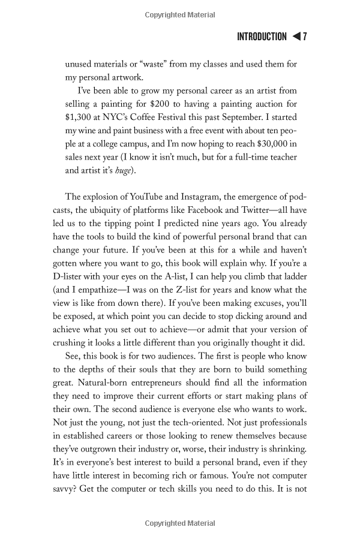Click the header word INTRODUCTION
pyautogui.click(x=262, y=37)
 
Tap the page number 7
pyautogui.click(x=305, y=37)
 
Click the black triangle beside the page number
pyautogui.click(x=296, y=37)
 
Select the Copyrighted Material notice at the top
pyautogui.click(x=180, y=14)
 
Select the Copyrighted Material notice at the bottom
pyautogui.click(x=180, y=523)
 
